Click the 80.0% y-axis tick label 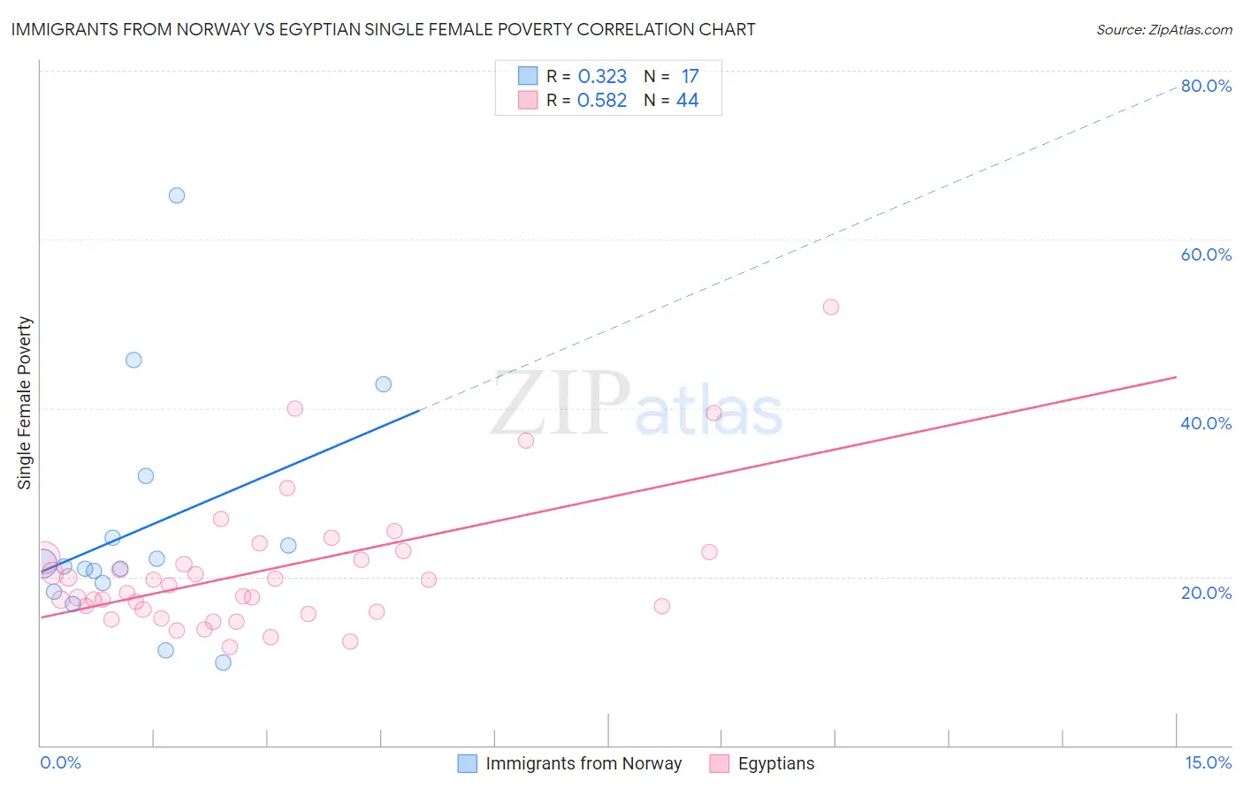(1206, 86)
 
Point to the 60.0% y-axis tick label (1206, 254)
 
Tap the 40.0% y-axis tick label (1206, 423)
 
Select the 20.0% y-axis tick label (1206, 592)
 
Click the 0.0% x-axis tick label (60, 762)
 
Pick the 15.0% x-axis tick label (1208, 762)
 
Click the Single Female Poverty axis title (25, 403)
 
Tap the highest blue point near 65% (177, 195)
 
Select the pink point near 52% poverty (830, 307)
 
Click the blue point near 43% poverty (383, 384)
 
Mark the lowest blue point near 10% (223, 663)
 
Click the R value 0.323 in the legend (602, 77)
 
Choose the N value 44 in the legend (687, 101)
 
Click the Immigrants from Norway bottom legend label (583, 763)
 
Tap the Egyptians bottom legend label (776, 763)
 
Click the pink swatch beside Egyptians (720, 763)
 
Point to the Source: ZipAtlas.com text (1163, 30)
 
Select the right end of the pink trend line (1176, 377)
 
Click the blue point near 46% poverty (133, 360)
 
